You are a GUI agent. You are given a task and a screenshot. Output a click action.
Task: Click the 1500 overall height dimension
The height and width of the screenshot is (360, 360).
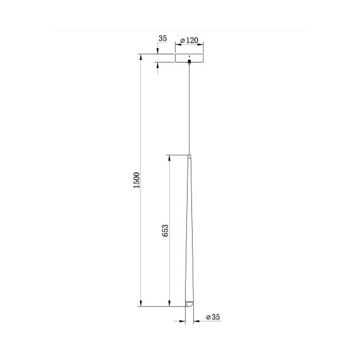click(136, 181)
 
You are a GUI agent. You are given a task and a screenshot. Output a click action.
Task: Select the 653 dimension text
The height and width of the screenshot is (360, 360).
click(165, 230)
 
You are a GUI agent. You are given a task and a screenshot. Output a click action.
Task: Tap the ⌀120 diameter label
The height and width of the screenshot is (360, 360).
click(189, 40)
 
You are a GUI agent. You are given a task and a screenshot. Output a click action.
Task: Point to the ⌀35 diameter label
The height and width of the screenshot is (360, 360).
click(212, 318)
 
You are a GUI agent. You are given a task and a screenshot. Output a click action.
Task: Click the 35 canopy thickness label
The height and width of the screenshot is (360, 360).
click(162, 39)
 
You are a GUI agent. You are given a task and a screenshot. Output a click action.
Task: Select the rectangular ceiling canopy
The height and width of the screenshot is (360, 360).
click(189, 58)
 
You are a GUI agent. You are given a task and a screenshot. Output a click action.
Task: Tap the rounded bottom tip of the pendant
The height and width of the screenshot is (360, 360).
click(188, 303)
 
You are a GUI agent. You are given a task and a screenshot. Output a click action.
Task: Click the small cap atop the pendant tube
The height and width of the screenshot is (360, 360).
click(189, 155)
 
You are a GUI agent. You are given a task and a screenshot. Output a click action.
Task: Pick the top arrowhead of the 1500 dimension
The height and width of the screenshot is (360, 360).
click(141, 56)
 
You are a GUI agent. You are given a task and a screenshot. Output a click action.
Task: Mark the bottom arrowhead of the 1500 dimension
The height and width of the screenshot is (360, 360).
click(141, 304)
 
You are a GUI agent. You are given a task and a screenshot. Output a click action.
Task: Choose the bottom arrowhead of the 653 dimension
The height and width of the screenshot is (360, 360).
click(169, 304)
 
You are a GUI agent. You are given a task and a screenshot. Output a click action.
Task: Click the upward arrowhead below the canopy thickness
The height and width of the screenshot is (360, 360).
click(158, 66)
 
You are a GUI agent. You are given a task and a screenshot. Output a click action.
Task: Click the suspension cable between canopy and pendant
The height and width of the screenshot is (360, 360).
click(189, 107)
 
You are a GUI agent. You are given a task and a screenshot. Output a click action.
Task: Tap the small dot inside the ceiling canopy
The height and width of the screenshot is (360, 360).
click(189, 56)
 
